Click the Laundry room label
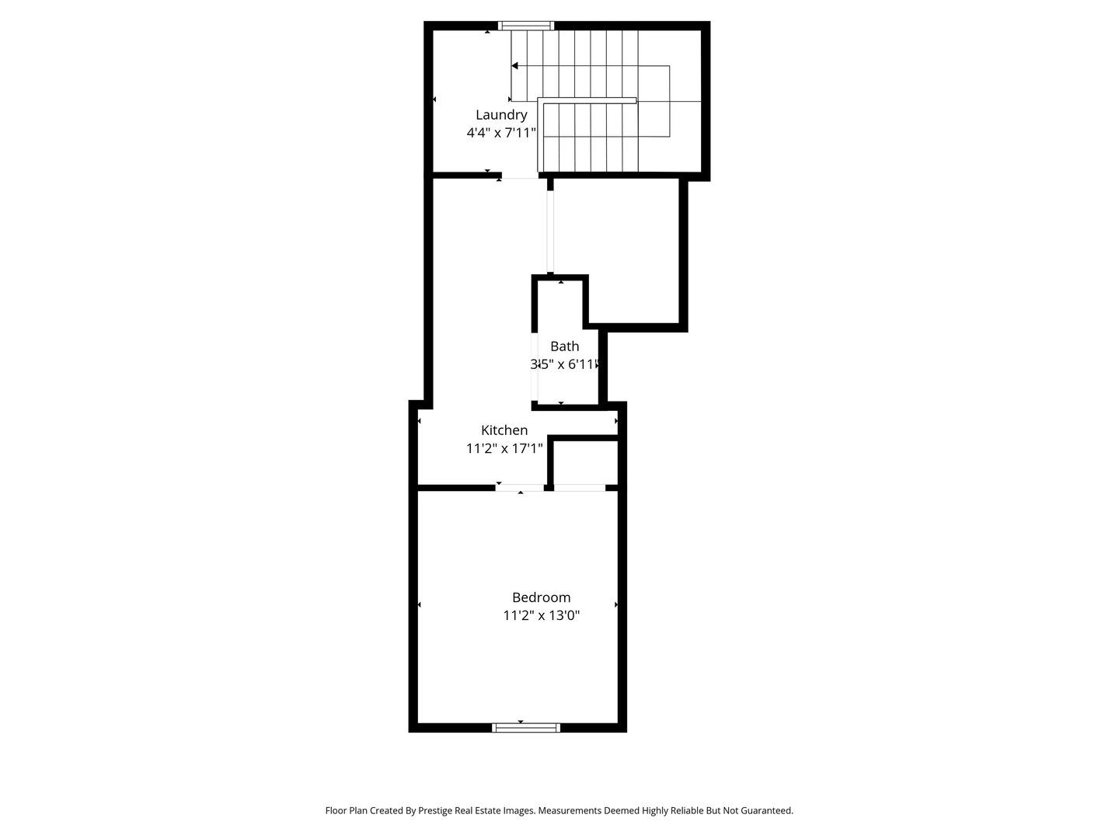501,115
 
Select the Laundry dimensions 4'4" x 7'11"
501,133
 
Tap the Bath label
564,346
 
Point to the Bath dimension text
565,364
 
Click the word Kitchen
504,430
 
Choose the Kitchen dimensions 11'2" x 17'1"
504,448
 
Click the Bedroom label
541,597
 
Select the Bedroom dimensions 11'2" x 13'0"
542,616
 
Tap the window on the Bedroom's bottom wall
526,728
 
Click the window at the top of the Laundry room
526,26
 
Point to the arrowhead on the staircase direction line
514,66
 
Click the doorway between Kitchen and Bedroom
520,488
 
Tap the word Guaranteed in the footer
765,810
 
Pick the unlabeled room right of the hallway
618,249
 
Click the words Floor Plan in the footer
346,810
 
